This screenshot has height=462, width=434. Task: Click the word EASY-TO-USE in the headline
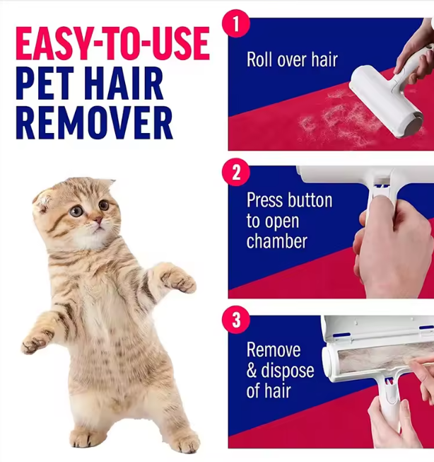tap(112, 44)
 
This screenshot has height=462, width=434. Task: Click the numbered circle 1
tap(235, 23)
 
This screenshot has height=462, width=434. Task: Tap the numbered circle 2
tap(236, 172)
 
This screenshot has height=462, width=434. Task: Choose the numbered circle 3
tap(236, 320)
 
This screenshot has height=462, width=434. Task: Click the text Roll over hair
tap(292, 60)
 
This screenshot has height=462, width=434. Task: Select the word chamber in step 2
tap(276, 241)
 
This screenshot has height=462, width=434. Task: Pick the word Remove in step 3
tap(274, 350)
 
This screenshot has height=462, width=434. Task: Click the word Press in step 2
tap(265, 201)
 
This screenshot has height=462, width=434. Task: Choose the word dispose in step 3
tap(288, 370)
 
